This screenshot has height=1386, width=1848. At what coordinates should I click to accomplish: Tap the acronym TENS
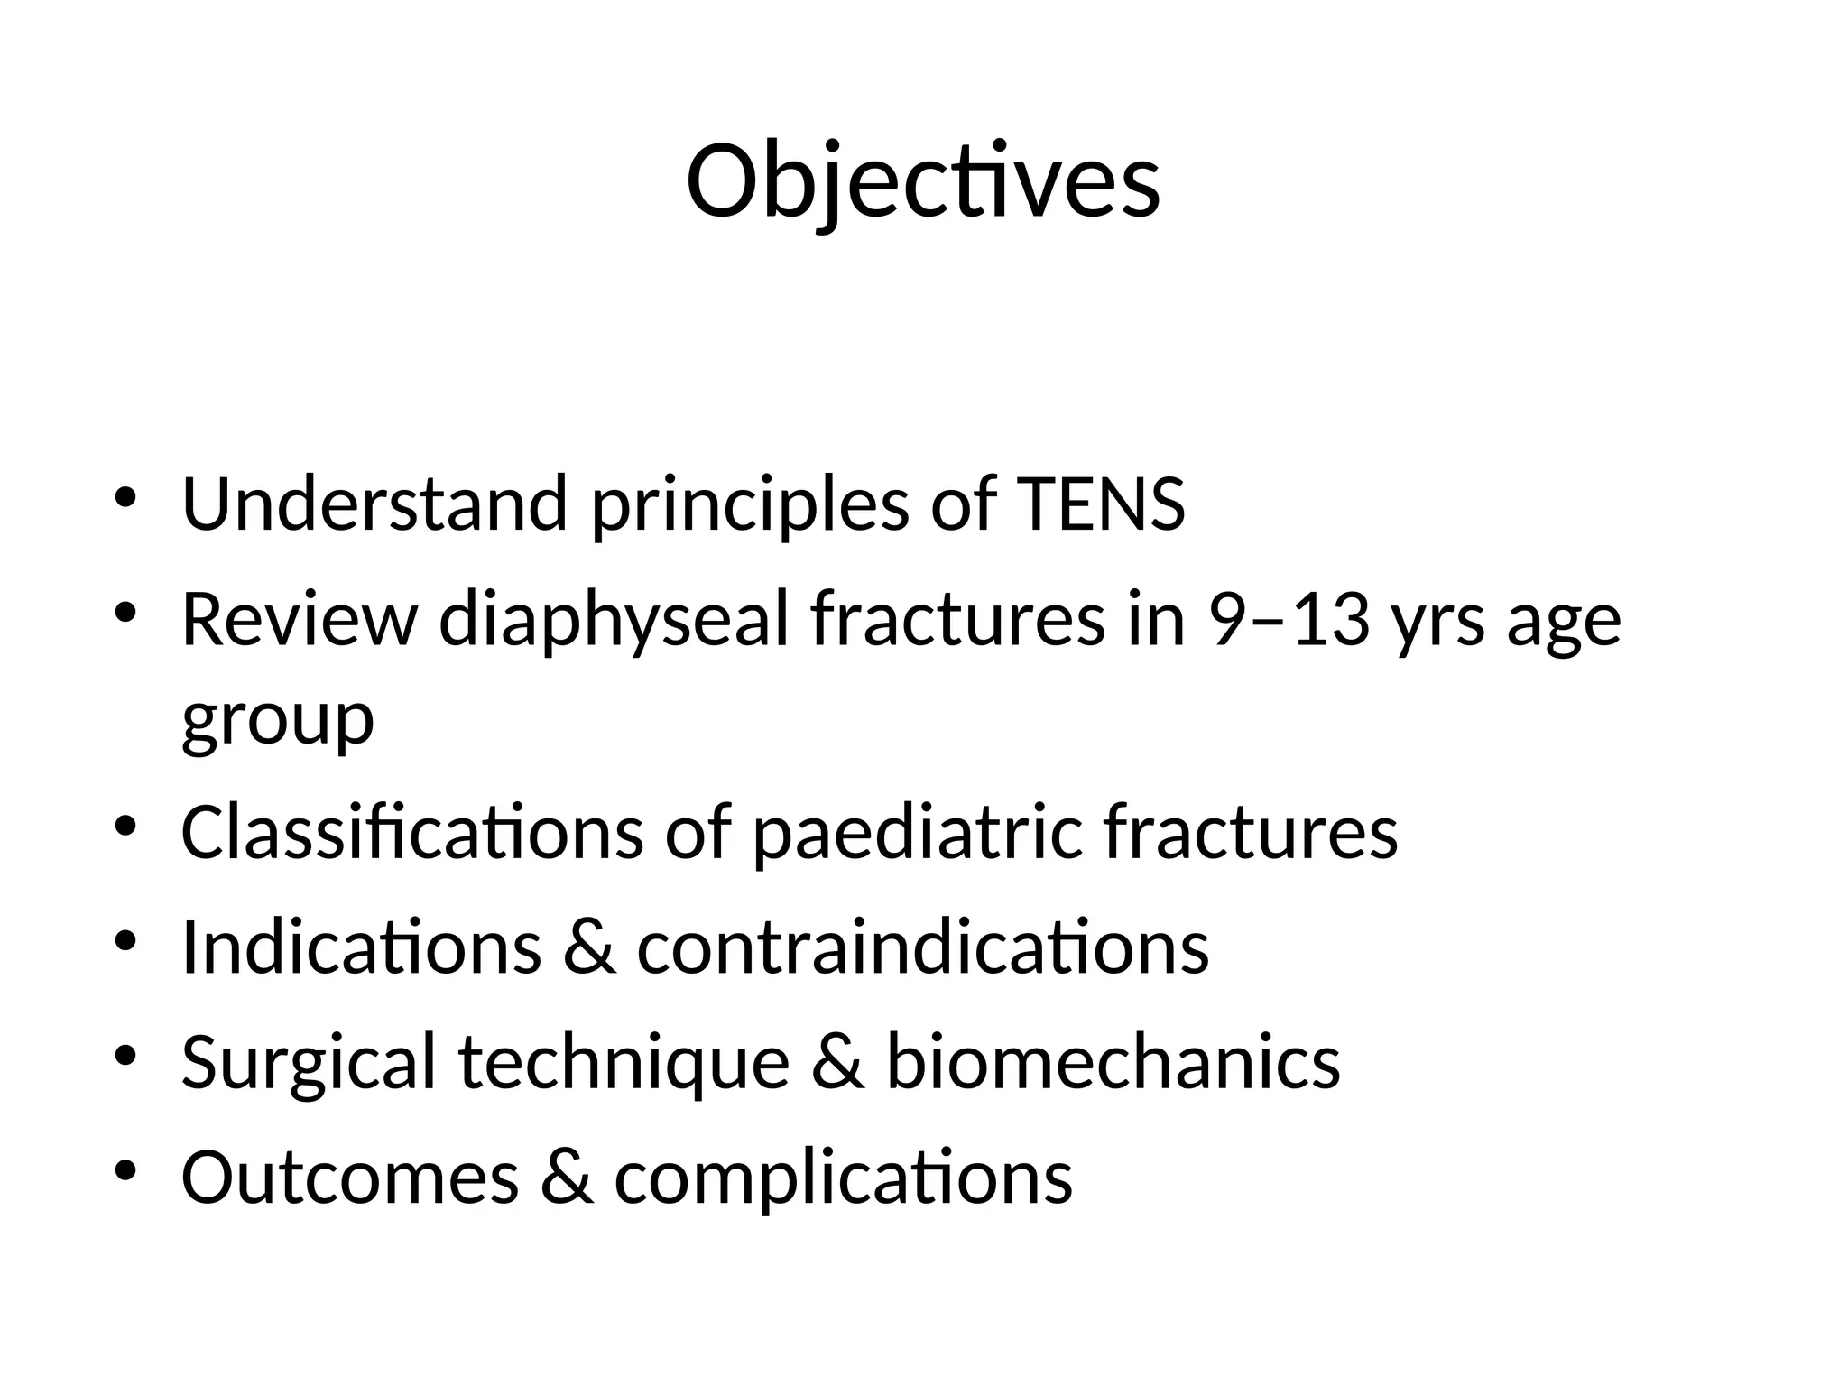pos(1100,504)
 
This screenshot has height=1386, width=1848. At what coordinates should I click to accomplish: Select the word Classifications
pos(411,832)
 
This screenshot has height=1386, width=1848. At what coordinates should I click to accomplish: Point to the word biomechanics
pos(1113,1062)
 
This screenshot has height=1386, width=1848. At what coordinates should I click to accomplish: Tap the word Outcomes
pos(350,1178)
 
